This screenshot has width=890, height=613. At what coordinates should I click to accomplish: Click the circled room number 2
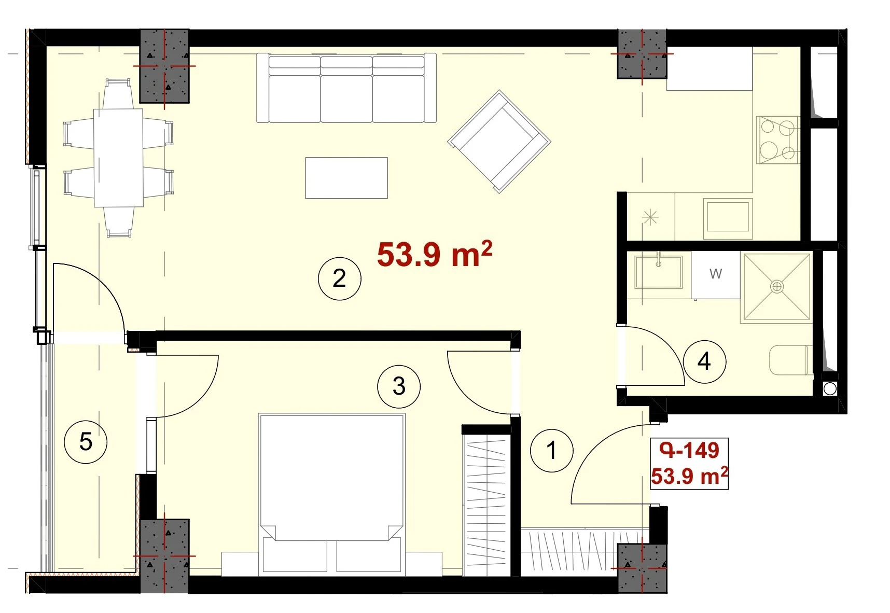coord(339,278)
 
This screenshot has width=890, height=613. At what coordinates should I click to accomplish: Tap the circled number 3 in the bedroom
coord(399,386)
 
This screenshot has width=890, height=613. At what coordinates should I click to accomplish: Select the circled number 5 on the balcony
coord(86,442)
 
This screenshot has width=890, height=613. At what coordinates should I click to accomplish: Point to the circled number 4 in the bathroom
coord(704,361)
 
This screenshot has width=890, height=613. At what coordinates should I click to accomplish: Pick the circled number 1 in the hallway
coord(551,450)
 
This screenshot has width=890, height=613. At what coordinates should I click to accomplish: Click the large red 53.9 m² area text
coord(435,254)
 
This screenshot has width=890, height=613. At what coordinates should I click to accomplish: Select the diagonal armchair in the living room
coord(499,142)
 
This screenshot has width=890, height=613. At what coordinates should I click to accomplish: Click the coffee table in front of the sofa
coord(346,178)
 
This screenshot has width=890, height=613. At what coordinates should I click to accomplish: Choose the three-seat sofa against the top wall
coord(346,88)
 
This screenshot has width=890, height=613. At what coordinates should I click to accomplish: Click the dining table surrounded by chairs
coord(118,158)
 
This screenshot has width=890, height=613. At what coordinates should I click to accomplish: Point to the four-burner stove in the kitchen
coord(777,140)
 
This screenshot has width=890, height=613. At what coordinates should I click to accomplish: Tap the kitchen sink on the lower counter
coord(728,216)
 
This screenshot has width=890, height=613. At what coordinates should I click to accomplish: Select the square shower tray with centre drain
coord(777,286)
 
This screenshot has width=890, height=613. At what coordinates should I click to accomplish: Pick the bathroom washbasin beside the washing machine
coord(659,271)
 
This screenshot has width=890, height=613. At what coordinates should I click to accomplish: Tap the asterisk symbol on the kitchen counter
coord(650,217)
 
